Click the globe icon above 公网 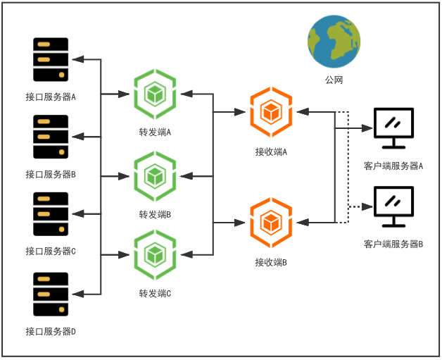[x=334, y=42]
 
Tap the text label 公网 [x=334, y=80]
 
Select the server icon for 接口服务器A [x=51, y=60]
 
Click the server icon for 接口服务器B [x=51, y=137]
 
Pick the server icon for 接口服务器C [x=51, y=214]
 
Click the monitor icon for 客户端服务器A [x=393, y=129]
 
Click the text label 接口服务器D [x=51, y=331]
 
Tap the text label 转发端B [x=155, y=214]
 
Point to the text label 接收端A [x=272, y=151]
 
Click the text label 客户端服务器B [x=393, y=244]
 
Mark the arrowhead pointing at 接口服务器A [x=80, y=59]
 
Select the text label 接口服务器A [x=51, y=97]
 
